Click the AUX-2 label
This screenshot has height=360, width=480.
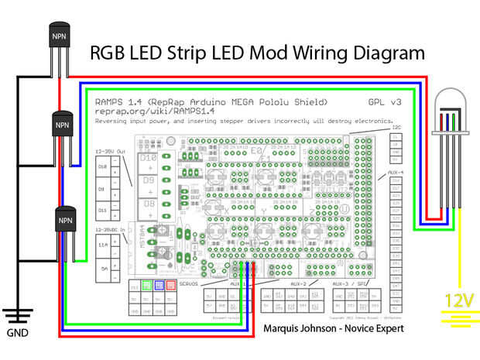tap(298, 283)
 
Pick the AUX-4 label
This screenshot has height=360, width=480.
tap(396, 172)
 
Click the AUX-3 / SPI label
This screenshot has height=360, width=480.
tap(350, 283)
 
